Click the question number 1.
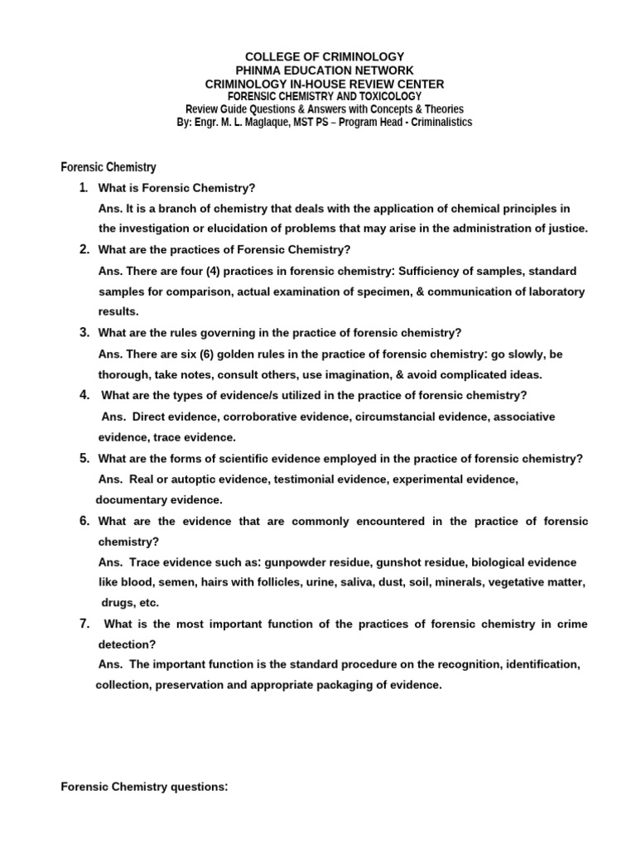[x=84, y=187]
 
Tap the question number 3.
[x=84, y=332]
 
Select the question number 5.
[x=84, y=458]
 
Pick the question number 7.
[x=84, y=623]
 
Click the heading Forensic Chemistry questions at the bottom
[x=144, y=788]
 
